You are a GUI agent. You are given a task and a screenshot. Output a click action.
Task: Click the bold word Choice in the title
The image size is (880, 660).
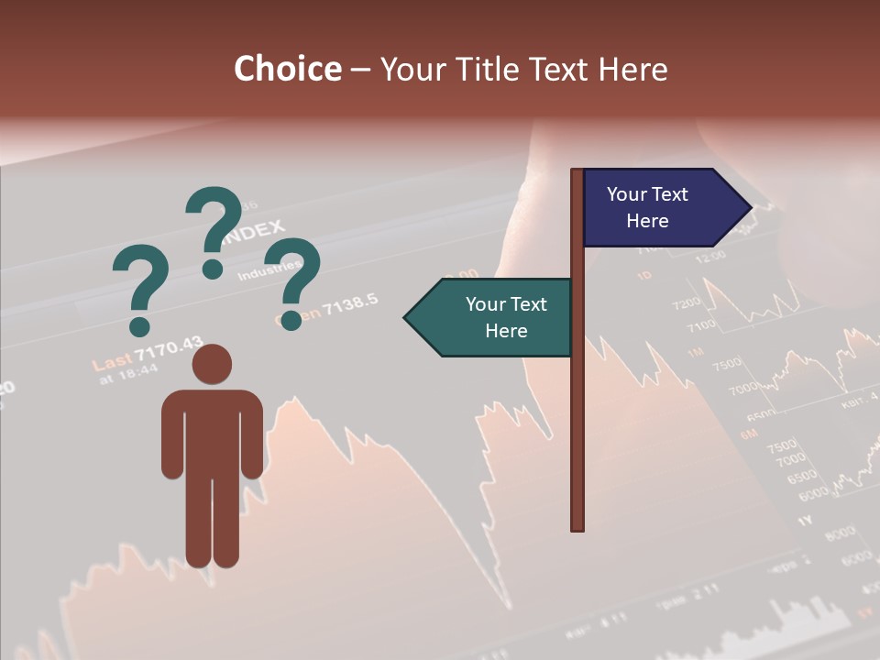pos(287,70)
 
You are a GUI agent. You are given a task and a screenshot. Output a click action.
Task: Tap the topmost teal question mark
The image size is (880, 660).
pos(214,229)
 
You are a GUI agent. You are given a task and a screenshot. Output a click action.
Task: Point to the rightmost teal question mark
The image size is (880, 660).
pos(295,280)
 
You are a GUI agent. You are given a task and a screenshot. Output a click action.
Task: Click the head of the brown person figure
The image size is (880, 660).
pos(212,365)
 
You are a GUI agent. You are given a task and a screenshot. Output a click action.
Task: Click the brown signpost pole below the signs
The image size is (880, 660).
pos(577,440)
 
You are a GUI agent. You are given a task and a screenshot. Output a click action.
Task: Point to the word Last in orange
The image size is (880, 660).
pos(112,362)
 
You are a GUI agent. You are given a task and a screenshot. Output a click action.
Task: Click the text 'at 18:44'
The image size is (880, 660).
pos(129,374)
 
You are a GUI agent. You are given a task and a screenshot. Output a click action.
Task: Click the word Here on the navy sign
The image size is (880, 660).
pos(647,221)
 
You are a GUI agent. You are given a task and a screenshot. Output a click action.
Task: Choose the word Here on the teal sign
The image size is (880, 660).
pos(506,331)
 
